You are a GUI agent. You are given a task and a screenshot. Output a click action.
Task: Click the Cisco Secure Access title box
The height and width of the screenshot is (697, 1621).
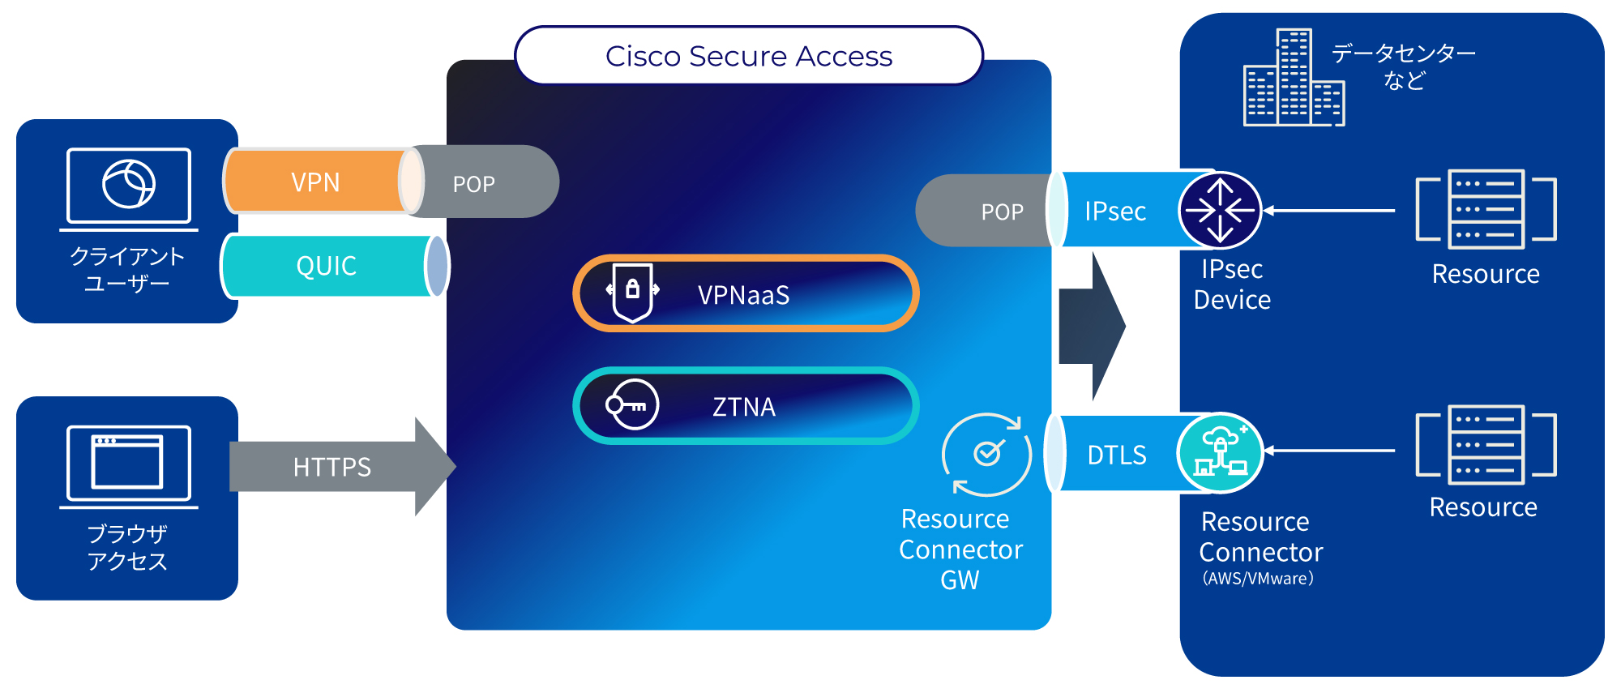click(748, 56)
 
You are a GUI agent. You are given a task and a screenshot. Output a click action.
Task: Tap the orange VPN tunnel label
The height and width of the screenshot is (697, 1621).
click(315, 182)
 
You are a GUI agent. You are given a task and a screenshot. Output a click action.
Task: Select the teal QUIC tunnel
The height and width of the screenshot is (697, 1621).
click(326, 266)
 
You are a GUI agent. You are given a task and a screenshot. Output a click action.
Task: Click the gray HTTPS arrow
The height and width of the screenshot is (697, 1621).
click(332, 467)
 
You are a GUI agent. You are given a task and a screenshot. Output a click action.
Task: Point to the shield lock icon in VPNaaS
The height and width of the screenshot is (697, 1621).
click(633, 292)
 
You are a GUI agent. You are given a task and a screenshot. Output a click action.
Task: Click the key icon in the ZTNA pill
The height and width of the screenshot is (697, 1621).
click(632, 404)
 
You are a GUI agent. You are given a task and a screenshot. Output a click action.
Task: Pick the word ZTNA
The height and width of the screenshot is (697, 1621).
click(743, 407)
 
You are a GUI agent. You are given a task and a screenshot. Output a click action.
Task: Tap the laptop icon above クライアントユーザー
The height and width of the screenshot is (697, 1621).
click(129, 186)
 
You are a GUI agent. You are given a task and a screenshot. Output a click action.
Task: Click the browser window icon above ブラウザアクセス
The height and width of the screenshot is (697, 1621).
click(129, 464)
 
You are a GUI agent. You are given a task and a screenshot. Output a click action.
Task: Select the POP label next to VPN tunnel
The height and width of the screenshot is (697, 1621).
click(473, 185)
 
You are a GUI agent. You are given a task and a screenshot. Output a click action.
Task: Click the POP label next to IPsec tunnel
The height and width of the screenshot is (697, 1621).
click(1002, 212)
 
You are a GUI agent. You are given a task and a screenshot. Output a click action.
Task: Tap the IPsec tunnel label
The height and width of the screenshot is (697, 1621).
click(1115, 212)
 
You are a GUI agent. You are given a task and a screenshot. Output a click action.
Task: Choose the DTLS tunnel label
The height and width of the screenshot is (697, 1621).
click(1116, 455)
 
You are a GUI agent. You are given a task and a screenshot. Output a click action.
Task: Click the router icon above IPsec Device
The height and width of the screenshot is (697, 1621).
click(1220, 210)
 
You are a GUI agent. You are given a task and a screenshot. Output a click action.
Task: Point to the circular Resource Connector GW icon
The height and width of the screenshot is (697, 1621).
click(986, 454)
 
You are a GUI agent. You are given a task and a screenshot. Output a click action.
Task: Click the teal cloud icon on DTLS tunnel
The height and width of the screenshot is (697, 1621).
click(1220, 453)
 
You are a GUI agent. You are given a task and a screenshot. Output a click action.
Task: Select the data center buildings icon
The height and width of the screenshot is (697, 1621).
click(1294, 79)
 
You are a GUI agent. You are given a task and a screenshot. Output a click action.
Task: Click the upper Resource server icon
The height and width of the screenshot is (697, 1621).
click(1486, 209)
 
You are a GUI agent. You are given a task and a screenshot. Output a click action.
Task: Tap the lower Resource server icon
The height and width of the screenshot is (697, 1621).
click(1486, 445)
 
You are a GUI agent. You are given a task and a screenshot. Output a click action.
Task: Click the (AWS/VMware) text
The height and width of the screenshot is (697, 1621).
click(1258, 579)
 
